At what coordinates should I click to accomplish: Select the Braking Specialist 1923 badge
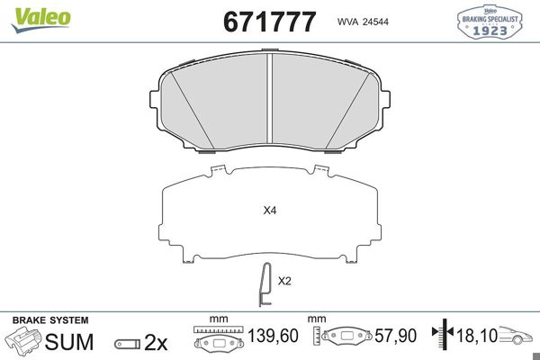tap(491, 22)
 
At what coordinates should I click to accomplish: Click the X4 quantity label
tap(269, 211)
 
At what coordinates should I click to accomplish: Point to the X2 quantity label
tap(284, 281)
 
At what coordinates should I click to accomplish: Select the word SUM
tap(70, 342)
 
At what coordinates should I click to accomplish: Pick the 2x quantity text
tap(157, 343)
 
